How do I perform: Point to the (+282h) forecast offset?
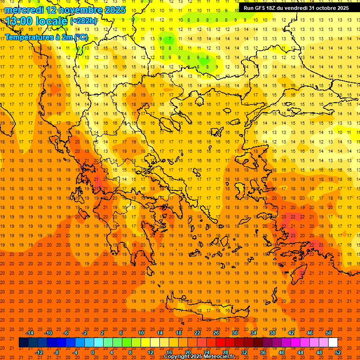point(84,21)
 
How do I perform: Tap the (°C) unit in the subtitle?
point(81,37)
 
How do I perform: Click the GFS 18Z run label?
point(263,8)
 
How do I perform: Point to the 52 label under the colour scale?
point(338,352)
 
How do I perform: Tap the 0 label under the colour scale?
point(93,352)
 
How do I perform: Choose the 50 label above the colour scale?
point(329,333)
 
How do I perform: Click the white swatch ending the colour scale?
point(333,343)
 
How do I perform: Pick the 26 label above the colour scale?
point(216,333)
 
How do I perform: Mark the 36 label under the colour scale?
point(263,352)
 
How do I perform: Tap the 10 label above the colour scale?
point(141,333)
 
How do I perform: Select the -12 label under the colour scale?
point(39,352)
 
